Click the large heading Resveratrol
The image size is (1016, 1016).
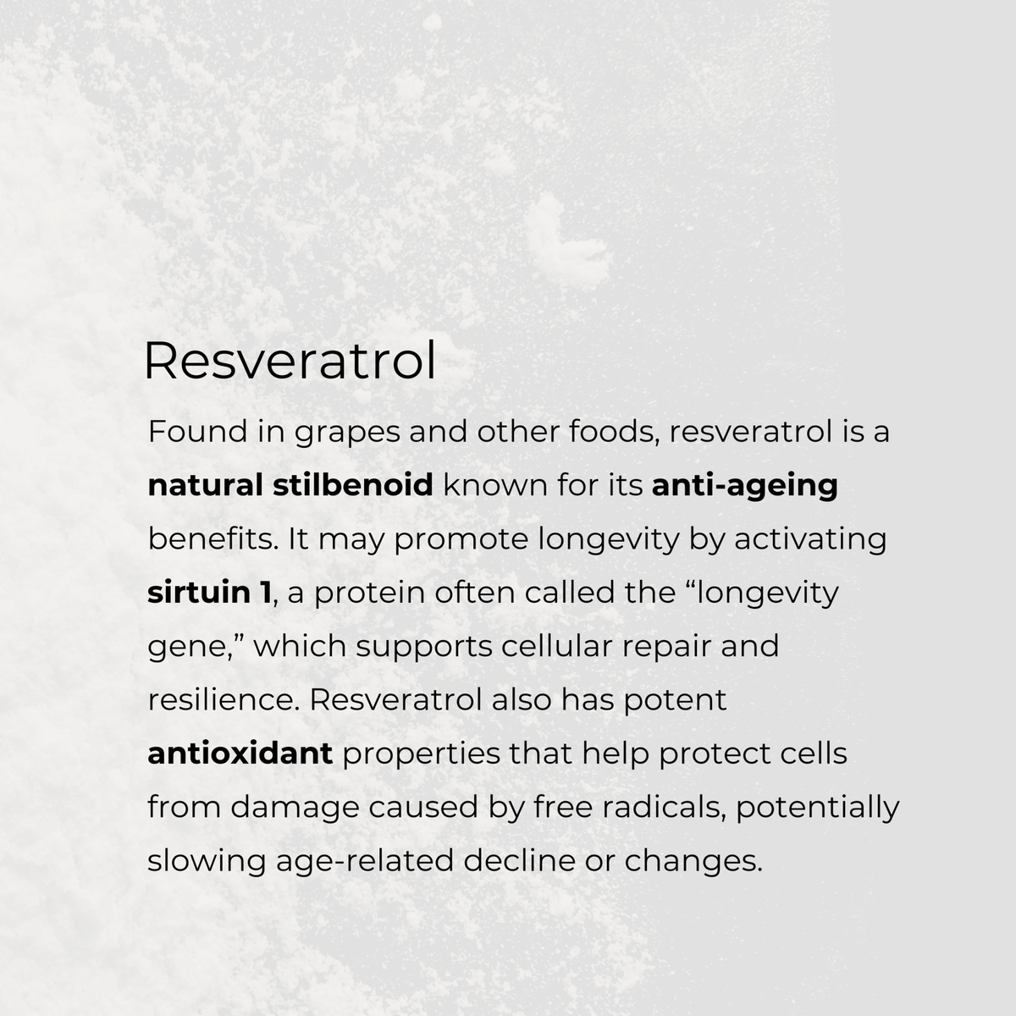pyautogui.click(x=290, y=362)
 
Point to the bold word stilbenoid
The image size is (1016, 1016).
pyautogui.click(x=354, y=485)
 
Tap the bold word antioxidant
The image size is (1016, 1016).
pyautogui.click(x=240, y=754)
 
